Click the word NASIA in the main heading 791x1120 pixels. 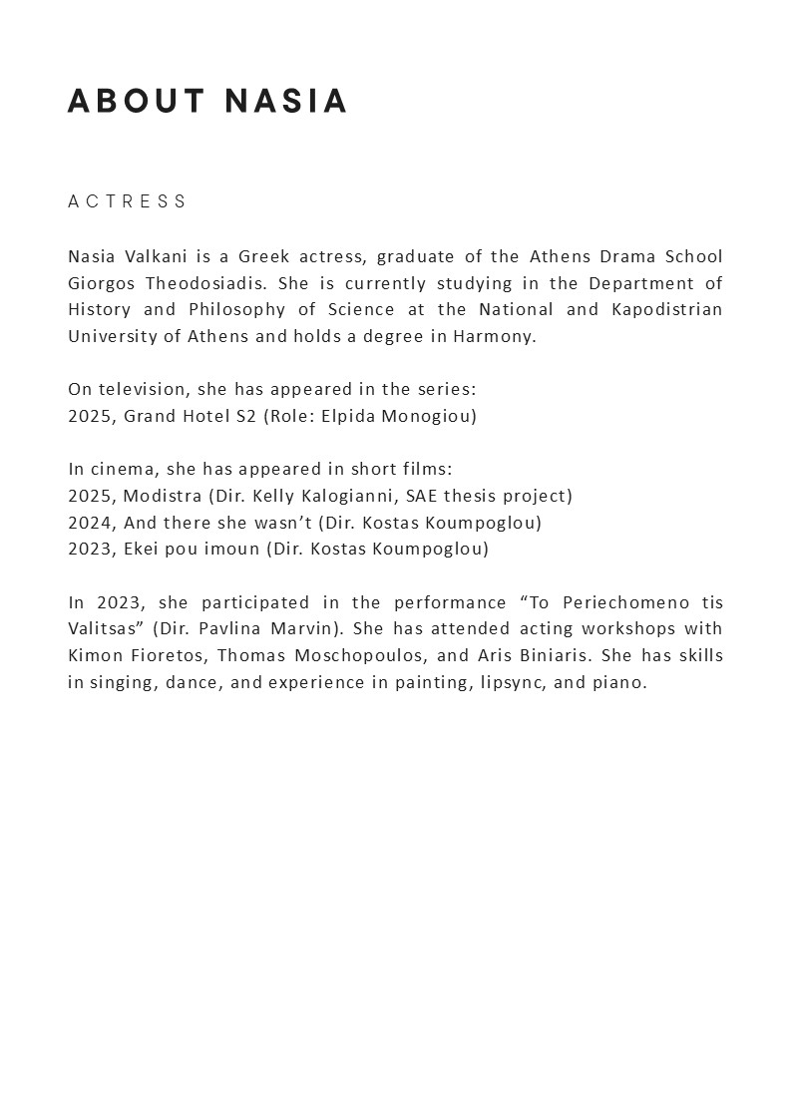pyautogui.click(x=286, y=102)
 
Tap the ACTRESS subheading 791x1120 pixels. pyautogui.click(x=128, y=201)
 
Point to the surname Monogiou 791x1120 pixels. pyautogui.click(x=428, y=416)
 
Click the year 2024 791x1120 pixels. pyautogui.click(x=92, y=523)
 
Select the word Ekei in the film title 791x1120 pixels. pyautogui.click(x=143, y=549)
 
